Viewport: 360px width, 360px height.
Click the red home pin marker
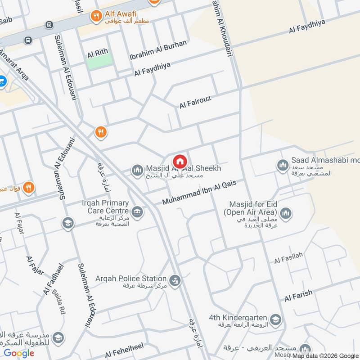tap(180, 161)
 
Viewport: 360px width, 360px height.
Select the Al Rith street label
tap(98, 53)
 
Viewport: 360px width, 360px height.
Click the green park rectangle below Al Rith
tap(99, 63)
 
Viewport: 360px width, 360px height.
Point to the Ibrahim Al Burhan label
tap(157, 51)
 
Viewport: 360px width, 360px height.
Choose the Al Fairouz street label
tap(195, 102)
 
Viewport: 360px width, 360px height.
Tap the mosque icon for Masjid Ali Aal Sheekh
tap(137, 170)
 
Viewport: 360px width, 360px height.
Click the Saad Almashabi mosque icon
tap(283, 165)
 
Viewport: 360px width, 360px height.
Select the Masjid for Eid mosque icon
tap(285, 212)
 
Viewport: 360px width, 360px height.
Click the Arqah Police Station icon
tap(176, 281)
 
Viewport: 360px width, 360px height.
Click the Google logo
tap(19, 353)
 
